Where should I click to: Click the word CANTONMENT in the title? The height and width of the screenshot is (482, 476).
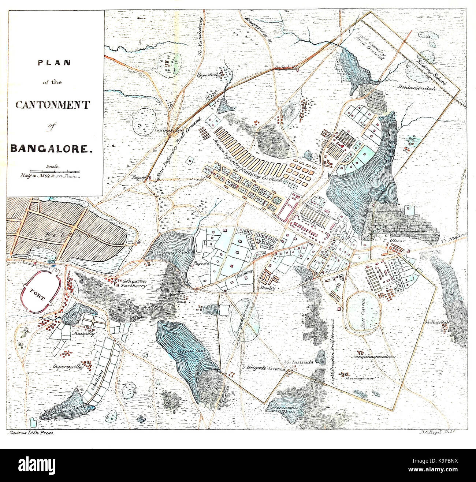tap(52, 105)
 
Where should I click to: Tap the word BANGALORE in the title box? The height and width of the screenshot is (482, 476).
tap(49, 149)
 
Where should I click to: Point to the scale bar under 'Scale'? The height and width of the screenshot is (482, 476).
tap(55, 171)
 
